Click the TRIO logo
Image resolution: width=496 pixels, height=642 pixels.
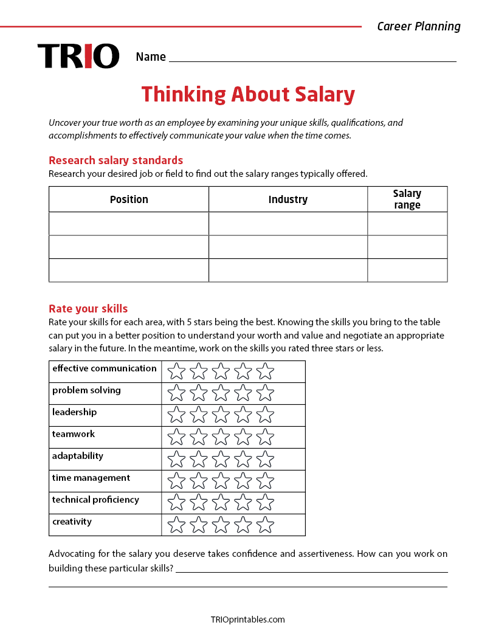78,56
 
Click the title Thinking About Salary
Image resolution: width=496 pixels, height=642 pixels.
248,94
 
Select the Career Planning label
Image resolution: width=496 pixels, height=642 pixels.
419,26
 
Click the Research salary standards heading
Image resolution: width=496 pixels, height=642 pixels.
115,160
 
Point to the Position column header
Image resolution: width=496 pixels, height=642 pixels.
129,199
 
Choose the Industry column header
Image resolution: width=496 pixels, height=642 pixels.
288,199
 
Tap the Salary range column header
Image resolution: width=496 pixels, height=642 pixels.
407,199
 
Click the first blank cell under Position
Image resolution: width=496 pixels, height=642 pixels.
129,224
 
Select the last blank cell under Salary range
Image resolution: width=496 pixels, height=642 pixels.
407,270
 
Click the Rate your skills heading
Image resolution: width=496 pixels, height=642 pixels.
88,309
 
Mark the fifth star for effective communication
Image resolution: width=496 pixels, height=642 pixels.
265,371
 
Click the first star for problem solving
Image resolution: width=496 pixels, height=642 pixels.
176,393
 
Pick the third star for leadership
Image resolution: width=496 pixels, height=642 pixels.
221,415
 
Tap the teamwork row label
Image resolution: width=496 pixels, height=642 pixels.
74,434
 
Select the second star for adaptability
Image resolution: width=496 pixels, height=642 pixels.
199,459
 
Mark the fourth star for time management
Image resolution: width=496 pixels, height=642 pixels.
243,481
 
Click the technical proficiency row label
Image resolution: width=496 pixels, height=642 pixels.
95,500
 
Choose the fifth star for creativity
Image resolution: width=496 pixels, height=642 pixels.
265,525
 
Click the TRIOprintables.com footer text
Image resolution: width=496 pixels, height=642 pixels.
247,620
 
